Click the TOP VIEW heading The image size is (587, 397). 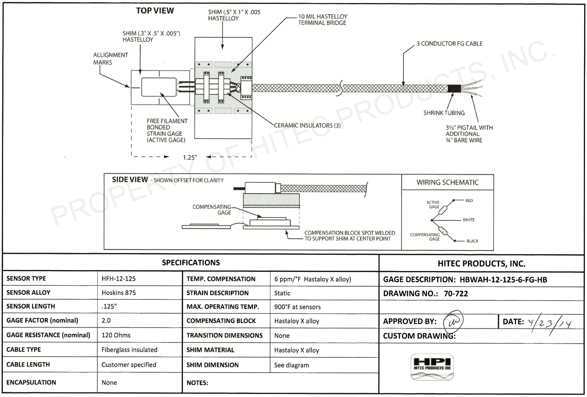pyautogui.click(x=155, y=11)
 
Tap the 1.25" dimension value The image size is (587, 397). pyautogui.click(x=190, y=158)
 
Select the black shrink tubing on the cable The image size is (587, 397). pyautogui.click(x=454, y=88)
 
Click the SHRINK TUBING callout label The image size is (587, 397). pyautogui.click(x=444, y=113)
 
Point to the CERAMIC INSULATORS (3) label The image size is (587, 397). pyautogui.click(x=307, y=126)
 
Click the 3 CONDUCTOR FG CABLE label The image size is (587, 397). pyautogui.click(x=450, y=44)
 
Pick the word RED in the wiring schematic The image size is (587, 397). pyautogui.click(x=469, y=201)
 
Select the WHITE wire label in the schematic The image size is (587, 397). pyautogui.click(x=469, y=220)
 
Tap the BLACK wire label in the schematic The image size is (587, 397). pyautogui.click(x=472, y=241)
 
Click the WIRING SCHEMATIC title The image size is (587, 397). pyautogui.click(x=448, y=182)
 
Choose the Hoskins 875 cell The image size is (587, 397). pyautogui.click(x=118, y=293)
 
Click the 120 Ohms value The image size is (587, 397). pyautogui.click(x=116, y=335)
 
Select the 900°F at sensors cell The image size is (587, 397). pyautogui.click(x=297, y=307)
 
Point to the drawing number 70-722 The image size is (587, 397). pyautogui.click(x=456, y=294)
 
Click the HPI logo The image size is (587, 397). pyautogui.click(x=432, y=367)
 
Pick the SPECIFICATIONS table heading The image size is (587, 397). pyautogui.click(x=191, y=262)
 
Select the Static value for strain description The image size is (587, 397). pyautogui.click(x=282, y=293)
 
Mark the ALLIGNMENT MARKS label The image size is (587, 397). pyautogui.click(x=110, y=59)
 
